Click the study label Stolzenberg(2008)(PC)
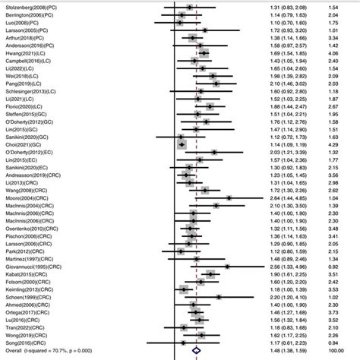pyautogui.click(x=33, y=6)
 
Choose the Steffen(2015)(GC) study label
pyautogui.click(x=27, y=116)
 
